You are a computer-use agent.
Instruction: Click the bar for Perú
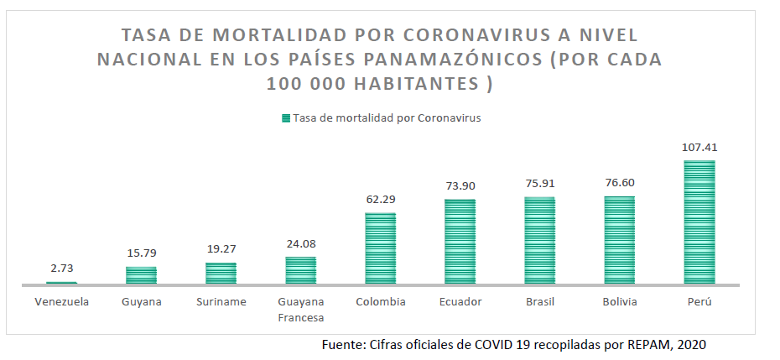coord(699,222)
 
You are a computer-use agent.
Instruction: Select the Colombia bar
coord(380,248)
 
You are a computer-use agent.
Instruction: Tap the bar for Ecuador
coord(460,242)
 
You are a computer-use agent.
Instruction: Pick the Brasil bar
coord(539,241)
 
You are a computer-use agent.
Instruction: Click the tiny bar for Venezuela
coord(60,283)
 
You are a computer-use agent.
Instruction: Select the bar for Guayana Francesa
coord(300,270)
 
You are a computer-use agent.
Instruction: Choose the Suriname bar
coord(221,274)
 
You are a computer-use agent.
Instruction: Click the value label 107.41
coord(699,147)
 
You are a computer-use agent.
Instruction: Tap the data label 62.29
coord(380,199)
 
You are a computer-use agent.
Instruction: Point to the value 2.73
coord(60,269)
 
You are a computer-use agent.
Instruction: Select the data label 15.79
coord(141,253)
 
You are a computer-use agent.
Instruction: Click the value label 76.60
coord(620,182)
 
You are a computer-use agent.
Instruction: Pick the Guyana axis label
coord(141,301)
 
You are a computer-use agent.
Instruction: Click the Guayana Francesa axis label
coord(300,309)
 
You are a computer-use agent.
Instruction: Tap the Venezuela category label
coord(60,301)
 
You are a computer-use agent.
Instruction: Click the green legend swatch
coord(286,118)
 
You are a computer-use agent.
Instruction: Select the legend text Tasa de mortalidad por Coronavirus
coord(387,118)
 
